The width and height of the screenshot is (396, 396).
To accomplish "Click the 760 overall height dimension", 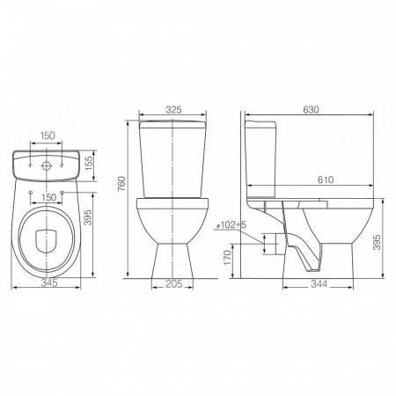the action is pos(121,184).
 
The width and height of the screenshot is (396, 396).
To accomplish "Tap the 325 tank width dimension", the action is pos(174,109).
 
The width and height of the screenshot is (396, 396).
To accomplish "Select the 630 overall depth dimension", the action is pos(311,109).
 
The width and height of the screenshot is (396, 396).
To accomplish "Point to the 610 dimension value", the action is pos(326,180).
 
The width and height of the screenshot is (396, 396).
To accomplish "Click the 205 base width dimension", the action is pos(174,283).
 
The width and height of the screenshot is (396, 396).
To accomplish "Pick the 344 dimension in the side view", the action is pos(319,283).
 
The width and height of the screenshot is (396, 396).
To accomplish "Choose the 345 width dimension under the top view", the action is pos(49,282).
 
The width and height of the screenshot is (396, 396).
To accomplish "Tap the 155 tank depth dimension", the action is pos(89,162).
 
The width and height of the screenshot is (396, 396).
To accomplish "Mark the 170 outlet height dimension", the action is pos(228,257).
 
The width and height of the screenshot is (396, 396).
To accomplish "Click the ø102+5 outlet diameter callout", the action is pos(231,225).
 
